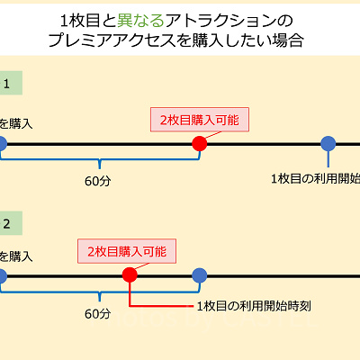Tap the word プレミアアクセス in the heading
point(126,40)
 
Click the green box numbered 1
point(7,85)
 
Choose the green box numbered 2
point(7,222)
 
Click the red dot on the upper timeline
point(200,143)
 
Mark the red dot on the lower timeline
point(130,274)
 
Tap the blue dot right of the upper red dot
point(328,143)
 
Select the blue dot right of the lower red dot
point(200,274)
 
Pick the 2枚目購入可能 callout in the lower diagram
point(127,250)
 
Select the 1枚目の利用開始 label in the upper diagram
point(315,177)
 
